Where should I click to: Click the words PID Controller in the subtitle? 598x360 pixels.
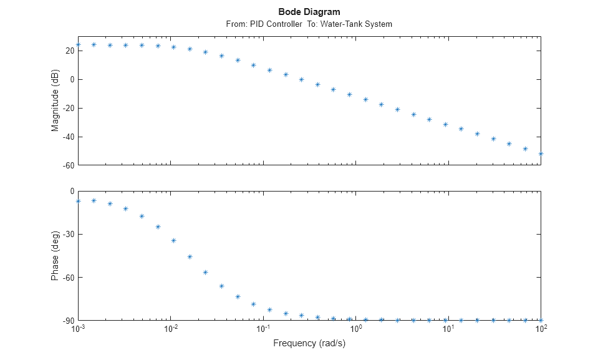click(274, 24)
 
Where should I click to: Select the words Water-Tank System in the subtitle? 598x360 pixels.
click(362, 24)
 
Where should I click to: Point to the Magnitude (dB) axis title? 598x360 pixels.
click(55, 103)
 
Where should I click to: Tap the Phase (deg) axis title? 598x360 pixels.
click(55, 255)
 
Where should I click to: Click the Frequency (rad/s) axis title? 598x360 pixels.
click(309, 343)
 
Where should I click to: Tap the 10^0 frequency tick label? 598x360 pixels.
click(355, 329)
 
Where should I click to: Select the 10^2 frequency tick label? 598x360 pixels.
click(540, 329)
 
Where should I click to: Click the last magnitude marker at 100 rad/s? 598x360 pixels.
click(541, 153)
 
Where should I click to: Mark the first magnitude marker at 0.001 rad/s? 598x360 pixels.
click(78, 44)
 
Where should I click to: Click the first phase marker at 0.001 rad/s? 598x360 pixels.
click(78, 201)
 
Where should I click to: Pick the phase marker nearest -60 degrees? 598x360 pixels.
click(206, 272)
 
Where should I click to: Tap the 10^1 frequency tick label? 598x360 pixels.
click(448, 329)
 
